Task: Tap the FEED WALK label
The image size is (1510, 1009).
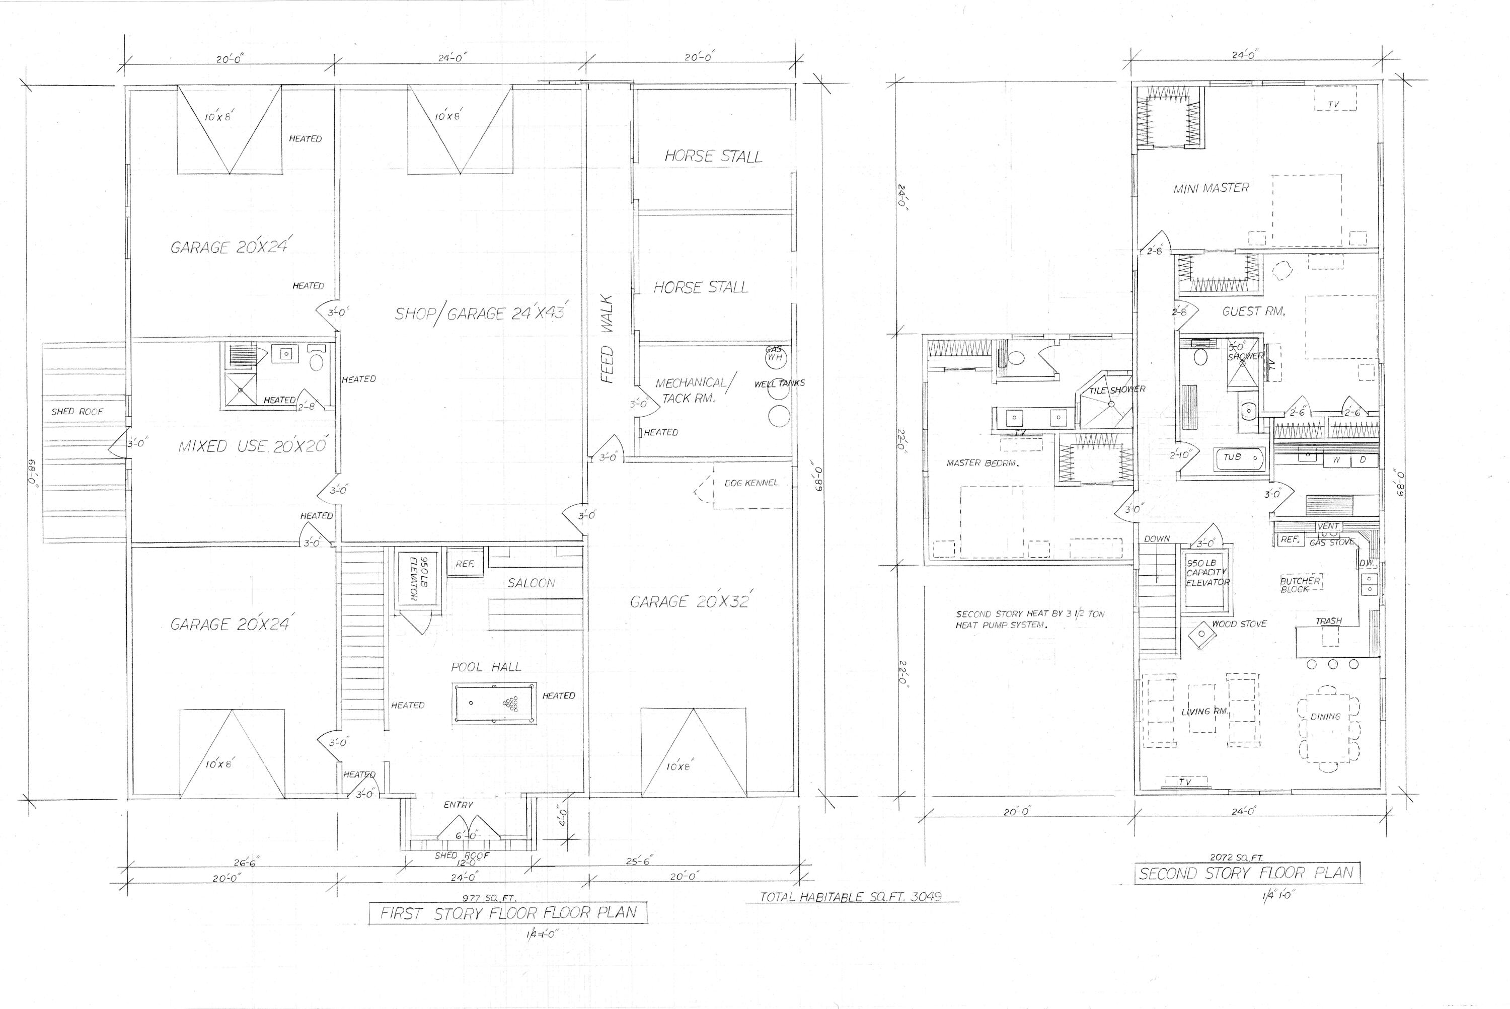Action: (608, 339)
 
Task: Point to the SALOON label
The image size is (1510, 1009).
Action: (531, 583)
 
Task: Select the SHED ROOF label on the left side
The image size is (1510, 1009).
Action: (77, 411)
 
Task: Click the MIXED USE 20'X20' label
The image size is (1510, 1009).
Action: (254, 446)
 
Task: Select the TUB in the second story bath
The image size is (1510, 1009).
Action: (1238, 459)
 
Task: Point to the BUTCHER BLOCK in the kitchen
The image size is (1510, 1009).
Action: (1300, 584)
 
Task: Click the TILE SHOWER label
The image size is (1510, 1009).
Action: (1117, 390)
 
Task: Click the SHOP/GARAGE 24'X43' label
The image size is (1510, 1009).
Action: (480, 314)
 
